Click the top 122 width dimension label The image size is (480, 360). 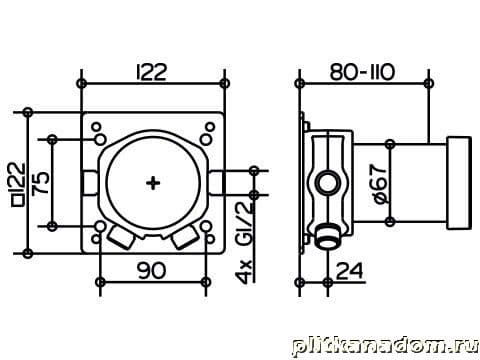coord(152,72)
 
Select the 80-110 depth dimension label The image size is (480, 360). coord(363,72)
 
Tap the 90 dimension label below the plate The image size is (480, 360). coord(152,270)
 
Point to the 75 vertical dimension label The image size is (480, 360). coord(41,183)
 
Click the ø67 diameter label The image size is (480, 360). coord(379,183)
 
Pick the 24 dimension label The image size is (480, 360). coord(349,271)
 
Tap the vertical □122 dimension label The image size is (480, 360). coord(19,184)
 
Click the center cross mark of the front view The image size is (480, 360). coord(153,183)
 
